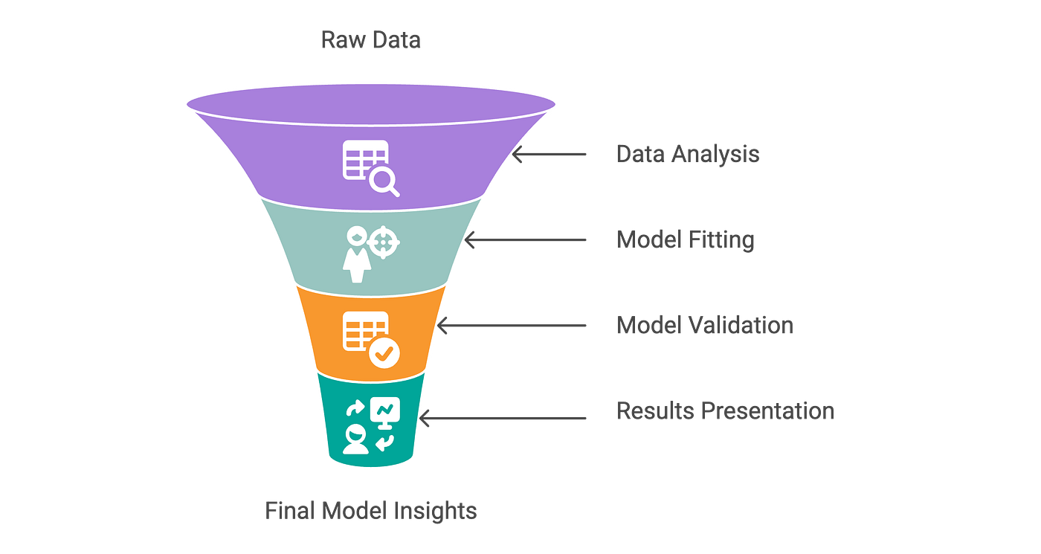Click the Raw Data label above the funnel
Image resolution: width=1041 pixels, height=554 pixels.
tap(371, 39)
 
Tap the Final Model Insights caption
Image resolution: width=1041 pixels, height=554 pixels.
tap(371, 511)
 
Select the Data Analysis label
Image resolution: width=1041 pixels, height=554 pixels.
tap(688, 154)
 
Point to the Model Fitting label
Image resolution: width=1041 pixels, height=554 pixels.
tap(686, 239)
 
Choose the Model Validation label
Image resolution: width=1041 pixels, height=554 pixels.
tap(705, 326)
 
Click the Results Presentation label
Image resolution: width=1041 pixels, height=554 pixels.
tap(725, 411)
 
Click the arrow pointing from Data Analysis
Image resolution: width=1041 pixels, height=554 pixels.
tap(549, 154)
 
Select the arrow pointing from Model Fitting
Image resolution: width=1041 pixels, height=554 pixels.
tap(525, 240)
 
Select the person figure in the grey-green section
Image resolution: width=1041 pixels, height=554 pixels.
tap(355, 255)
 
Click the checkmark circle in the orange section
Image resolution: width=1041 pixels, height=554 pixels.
tap(384, 352)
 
